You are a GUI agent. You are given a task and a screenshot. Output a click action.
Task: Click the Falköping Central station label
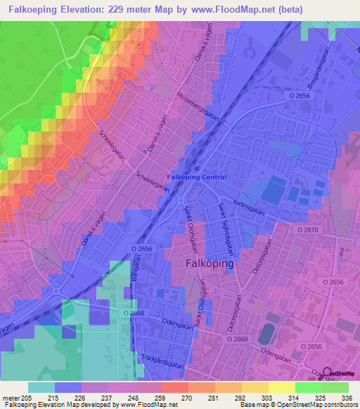pyautogui.click(x=197, y=177)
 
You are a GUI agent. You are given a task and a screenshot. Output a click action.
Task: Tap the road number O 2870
pyautogui.click(x=308, y=230)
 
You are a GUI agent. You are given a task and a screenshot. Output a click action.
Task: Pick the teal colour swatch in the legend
pyautogui.click(x=41, y=387)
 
